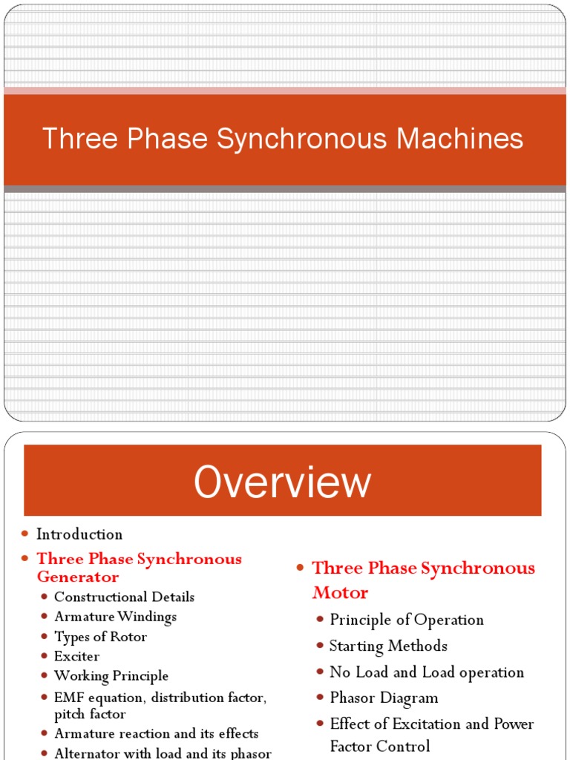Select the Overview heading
point(282,482)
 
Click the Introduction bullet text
point(79,534)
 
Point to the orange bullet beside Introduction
point(24,534)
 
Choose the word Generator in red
point(78,577)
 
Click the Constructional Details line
point(124,597)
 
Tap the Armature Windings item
point(115,617)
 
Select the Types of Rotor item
point(100,637)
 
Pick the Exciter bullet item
point(76,656)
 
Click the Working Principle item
point(111,676)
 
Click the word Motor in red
point(340,593)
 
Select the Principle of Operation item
point(407,620)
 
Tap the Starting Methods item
point(388,646)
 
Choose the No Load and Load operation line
point(427,672)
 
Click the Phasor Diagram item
point(384,698)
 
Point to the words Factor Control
point(380,746)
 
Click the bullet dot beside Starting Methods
point(320,646)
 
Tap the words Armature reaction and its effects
point(156,733)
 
